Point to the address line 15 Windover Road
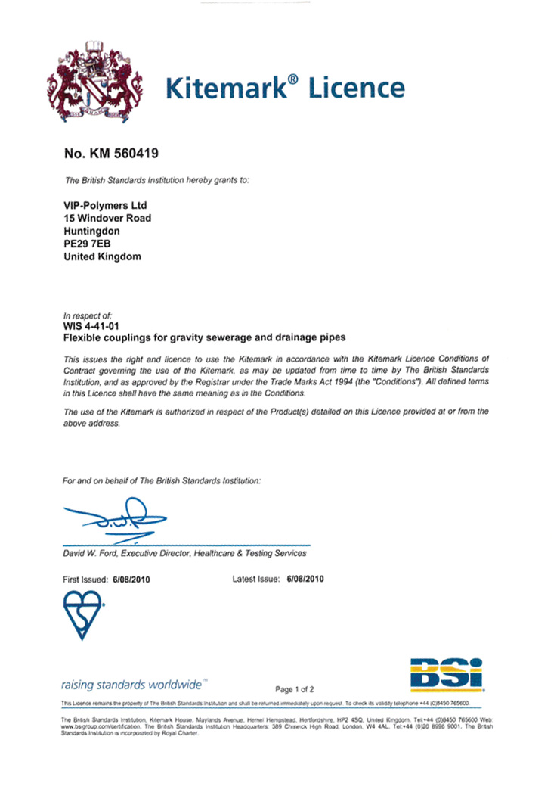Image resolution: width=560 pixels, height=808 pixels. (107, 218)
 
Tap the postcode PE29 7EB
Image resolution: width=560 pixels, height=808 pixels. (88, 244)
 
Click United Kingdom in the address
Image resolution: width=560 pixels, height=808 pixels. (102, 256)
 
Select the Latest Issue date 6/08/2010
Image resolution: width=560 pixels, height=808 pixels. (306, 579)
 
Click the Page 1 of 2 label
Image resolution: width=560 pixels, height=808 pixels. (295, 689)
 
